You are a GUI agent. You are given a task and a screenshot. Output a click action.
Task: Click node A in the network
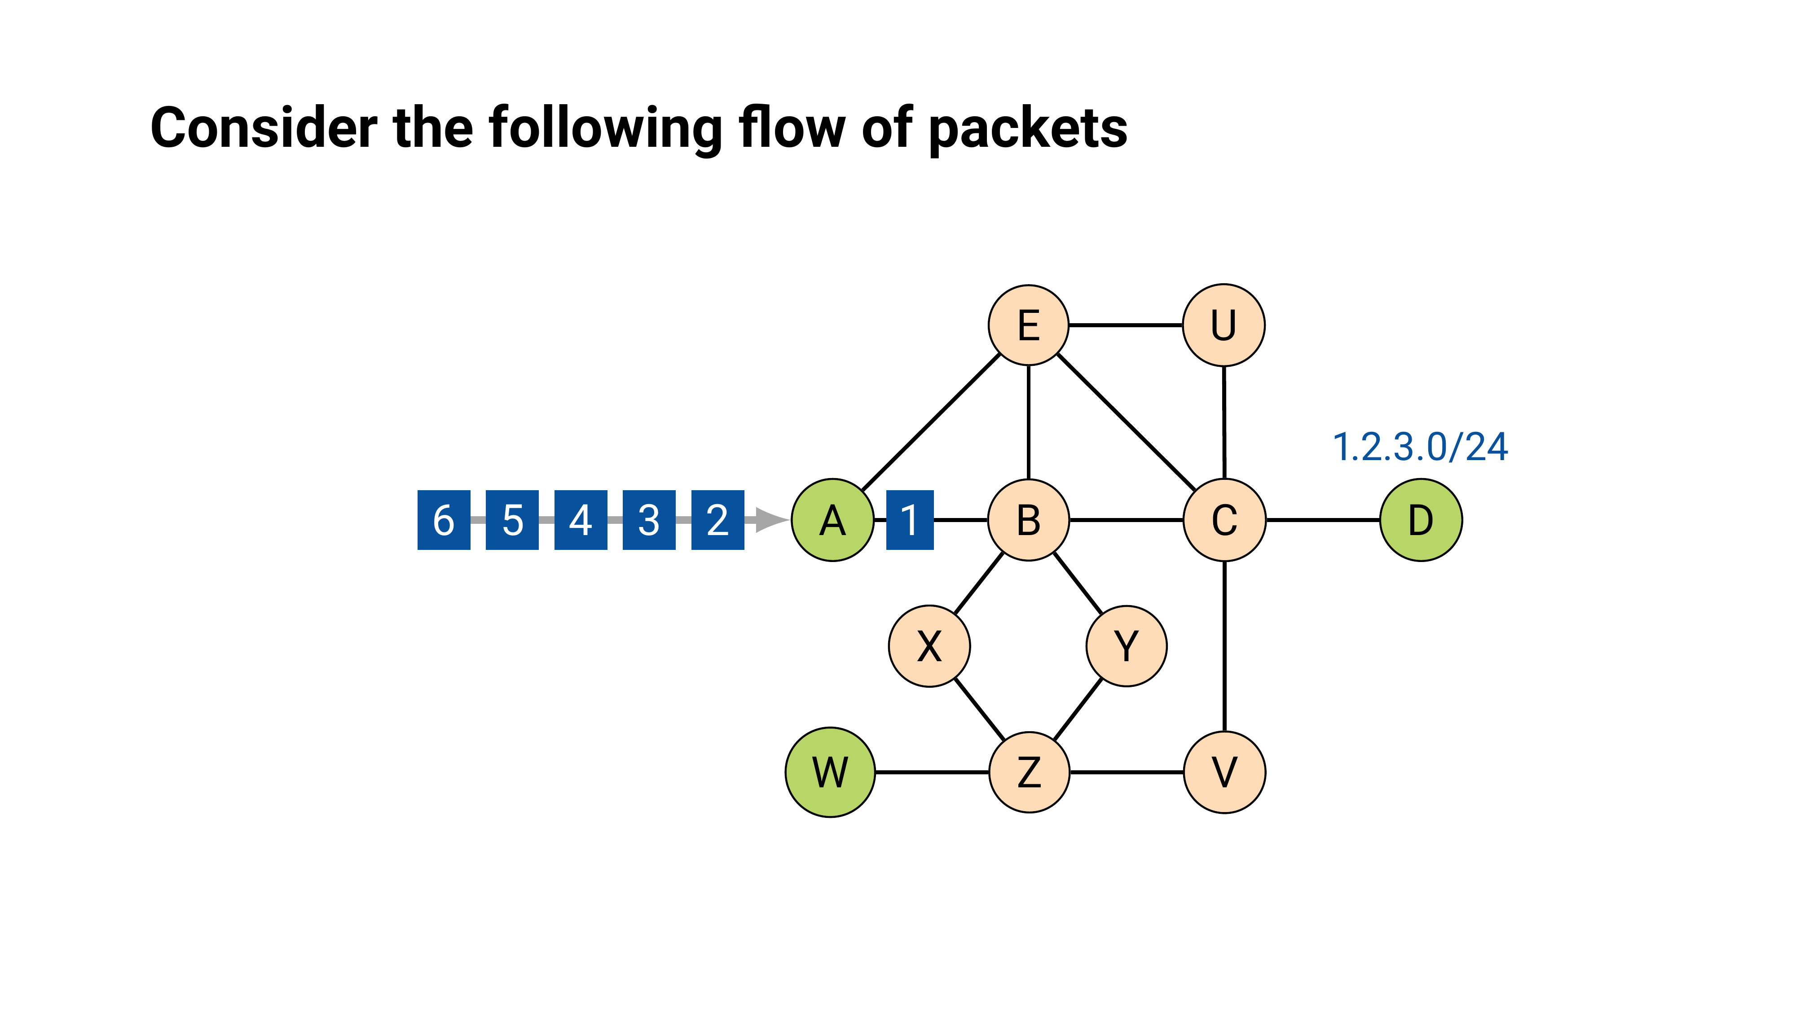[x=832, y=520]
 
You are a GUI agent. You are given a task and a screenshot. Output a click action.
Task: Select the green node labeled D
[x=1421, y=520]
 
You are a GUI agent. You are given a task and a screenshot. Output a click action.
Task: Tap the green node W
[x=830, y=772]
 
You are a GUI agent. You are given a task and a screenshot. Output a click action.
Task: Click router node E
[x=1028, y=325]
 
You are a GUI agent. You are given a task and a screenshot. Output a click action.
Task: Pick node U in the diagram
[x=1224, y=325]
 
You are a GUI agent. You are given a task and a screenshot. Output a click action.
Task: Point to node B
[x=1028, y=520]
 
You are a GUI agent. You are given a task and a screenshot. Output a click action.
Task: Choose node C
[x=1224, y=520]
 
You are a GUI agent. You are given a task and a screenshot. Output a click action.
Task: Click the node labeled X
[x=929, y=646]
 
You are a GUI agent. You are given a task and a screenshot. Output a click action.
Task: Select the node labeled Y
[x=1126, y=646]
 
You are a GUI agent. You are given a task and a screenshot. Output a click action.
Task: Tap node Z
[x=1029, y=772]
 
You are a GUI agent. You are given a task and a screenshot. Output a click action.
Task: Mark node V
[x=1224, y=772]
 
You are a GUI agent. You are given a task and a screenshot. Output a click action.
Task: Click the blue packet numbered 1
[x=909, y=520]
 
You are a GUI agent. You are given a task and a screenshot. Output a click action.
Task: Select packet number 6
[x=444, y=520]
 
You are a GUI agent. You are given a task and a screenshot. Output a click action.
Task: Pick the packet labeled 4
[x=580, y=520]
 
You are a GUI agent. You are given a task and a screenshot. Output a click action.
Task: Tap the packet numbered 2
[x=718, y=520]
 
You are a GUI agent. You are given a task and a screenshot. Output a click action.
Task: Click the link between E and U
[x=1125, y=325]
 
